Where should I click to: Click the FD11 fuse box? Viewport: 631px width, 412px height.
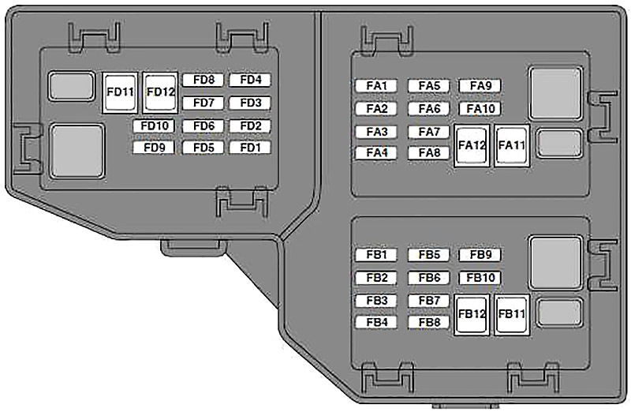pyautogui.click(x=120, y=92)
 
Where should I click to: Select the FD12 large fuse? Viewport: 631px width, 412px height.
pyautogui.click(x=160, y=92)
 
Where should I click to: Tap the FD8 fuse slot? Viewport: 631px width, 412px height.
pyautogui.click(x=203, y=80)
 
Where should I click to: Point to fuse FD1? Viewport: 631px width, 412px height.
pyautogui.click(x=250, y=148)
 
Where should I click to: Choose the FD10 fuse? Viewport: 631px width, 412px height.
pyautogui.click(x=154, y=126)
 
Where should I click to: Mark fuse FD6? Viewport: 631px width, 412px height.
pyautogui.click(x=203, y=126)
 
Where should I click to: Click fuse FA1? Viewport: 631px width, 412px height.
pyautogui.click(x=377, y=86)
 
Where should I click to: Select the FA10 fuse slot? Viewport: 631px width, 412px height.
pyautogui.click(x=480, y=109)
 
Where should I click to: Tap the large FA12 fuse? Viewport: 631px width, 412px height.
pyautogui.click(x=472, y=145)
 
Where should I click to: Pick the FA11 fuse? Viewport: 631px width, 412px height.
pyautogui.click(x=511, y=145)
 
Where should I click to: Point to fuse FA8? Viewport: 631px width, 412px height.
pyautogui.click(x=428, y=153)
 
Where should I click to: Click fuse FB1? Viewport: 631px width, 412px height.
pyautogui.click(x=377, y=255)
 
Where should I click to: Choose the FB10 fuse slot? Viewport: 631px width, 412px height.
pyautogui.click(x=480, y=278)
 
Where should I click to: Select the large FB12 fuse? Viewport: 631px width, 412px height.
pyautogui.click(x=472, y=315)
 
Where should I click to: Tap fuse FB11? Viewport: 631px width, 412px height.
pyautogui.click(x=511, y=315)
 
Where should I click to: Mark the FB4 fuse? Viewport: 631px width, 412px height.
pyautogui.click(x=377, y=322)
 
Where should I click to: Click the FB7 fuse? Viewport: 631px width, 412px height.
pyautogui.click(x=428, y=301)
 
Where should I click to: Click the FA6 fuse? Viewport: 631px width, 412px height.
pyautogui.click(x=428, y=109)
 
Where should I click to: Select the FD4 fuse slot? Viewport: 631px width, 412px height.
pyautogui.click(x=250, y=80)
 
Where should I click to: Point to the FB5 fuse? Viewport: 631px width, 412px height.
pyautogui.click(x=428, y=255)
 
